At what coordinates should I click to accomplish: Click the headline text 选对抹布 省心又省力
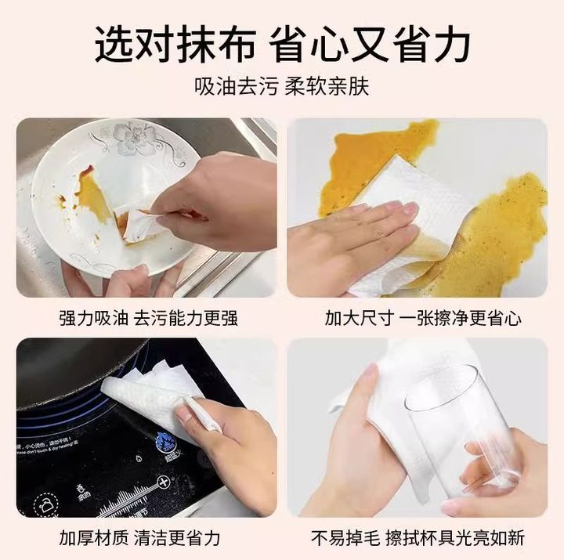[282, 45]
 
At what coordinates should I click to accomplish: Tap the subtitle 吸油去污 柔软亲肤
[282, 87]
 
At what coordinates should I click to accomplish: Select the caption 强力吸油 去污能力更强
[148, 318]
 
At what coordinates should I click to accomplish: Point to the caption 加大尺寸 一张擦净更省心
[423, 318]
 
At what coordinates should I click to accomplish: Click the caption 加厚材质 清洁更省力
[139, 538]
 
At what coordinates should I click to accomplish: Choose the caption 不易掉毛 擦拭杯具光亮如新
[418, 538]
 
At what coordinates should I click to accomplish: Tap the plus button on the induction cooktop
[164, 482]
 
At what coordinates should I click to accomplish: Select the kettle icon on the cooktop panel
[46, 505]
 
